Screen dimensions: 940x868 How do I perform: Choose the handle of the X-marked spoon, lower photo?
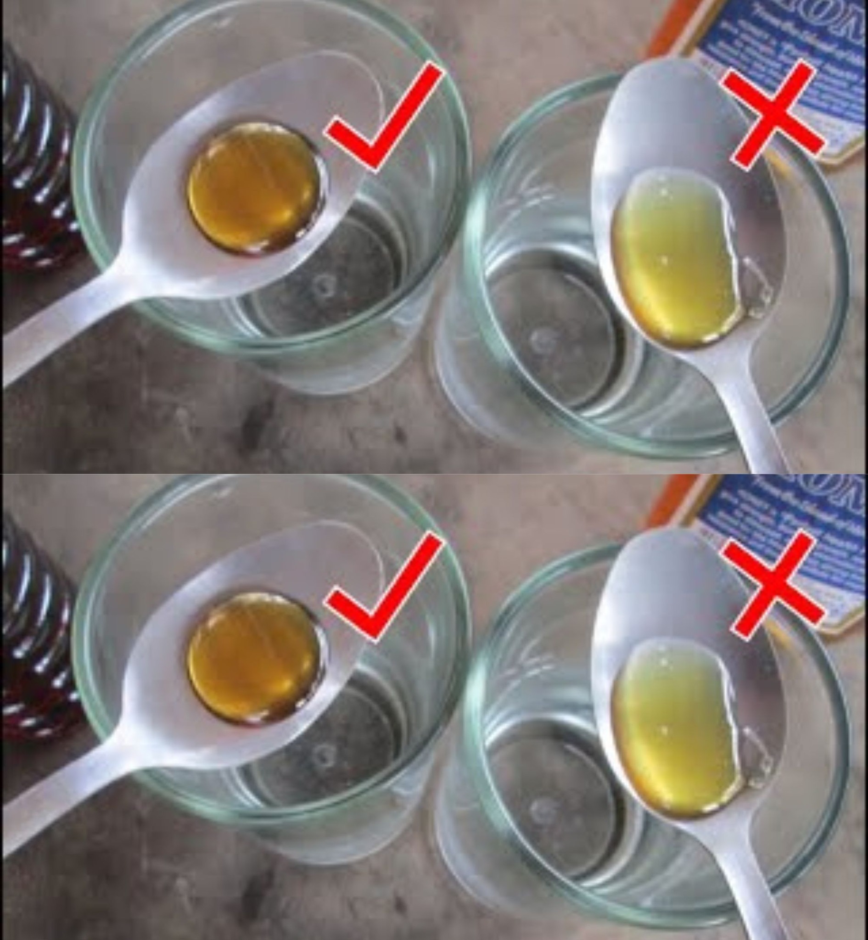click(756, 893)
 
